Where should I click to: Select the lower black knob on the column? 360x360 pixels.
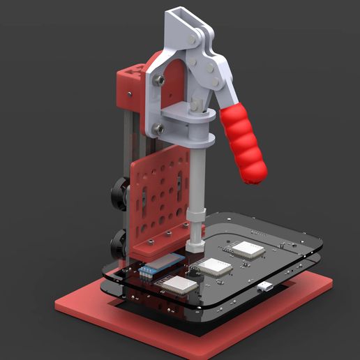pyautogui.click(x=117, y=243)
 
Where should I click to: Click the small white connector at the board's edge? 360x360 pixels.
pyautogui.click(x=265, y=286)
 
